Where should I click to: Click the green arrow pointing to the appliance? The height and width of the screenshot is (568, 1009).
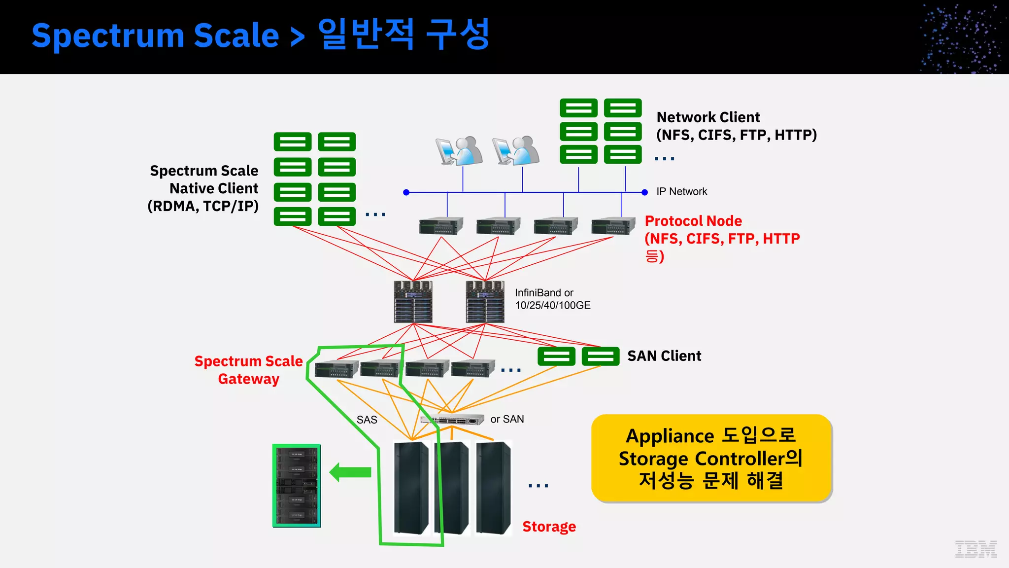click(350, 472)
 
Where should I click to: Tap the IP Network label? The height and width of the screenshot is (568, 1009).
click(681, 192)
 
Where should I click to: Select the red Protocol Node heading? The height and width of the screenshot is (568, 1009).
click(693, 221)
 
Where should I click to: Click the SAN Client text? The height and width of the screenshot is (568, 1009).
click(664, 356)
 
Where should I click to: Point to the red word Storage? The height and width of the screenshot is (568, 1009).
click(549, 527)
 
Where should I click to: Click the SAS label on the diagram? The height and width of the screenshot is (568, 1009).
click(367, 420)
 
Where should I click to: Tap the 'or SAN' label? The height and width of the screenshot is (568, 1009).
click(507, 419)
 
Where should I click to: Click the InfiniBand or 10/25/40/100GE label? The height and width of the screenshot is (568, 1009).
click(552, 299)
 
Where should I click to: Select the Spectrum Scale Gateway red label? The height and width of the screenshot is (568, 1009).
click(248, 370)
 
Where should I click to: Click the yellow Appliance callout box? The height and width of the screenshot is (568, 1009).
click(711, 458)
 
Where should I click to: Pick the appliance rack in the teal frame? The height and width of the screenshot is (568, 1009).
click(297, 486)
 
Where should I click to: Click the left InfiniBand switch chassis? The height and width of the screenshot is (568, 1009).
click(413, 302)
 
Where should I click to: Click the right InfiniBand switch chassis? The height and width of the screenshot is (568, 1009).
click(485, 302)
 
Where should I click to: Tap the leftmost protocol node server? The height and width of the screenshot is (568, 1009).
click(441, 226)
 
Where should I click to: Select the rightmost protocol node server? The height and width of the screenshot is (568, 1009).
click(613, 226)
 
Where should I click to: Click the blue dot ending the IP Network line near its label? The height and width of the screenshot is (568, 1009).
click(644, 192)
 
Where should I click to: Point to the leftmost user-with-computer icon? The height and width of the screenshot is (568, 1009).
click(459, 151)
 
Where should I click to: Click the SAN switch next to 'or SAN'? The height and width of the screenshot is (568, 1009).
click(452, 420)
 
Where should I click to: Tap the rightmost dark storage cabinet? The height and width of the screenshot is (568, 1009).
click(493, 487)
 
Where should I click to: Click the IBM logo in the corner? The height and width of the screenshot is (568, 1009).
click(975, 548)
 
